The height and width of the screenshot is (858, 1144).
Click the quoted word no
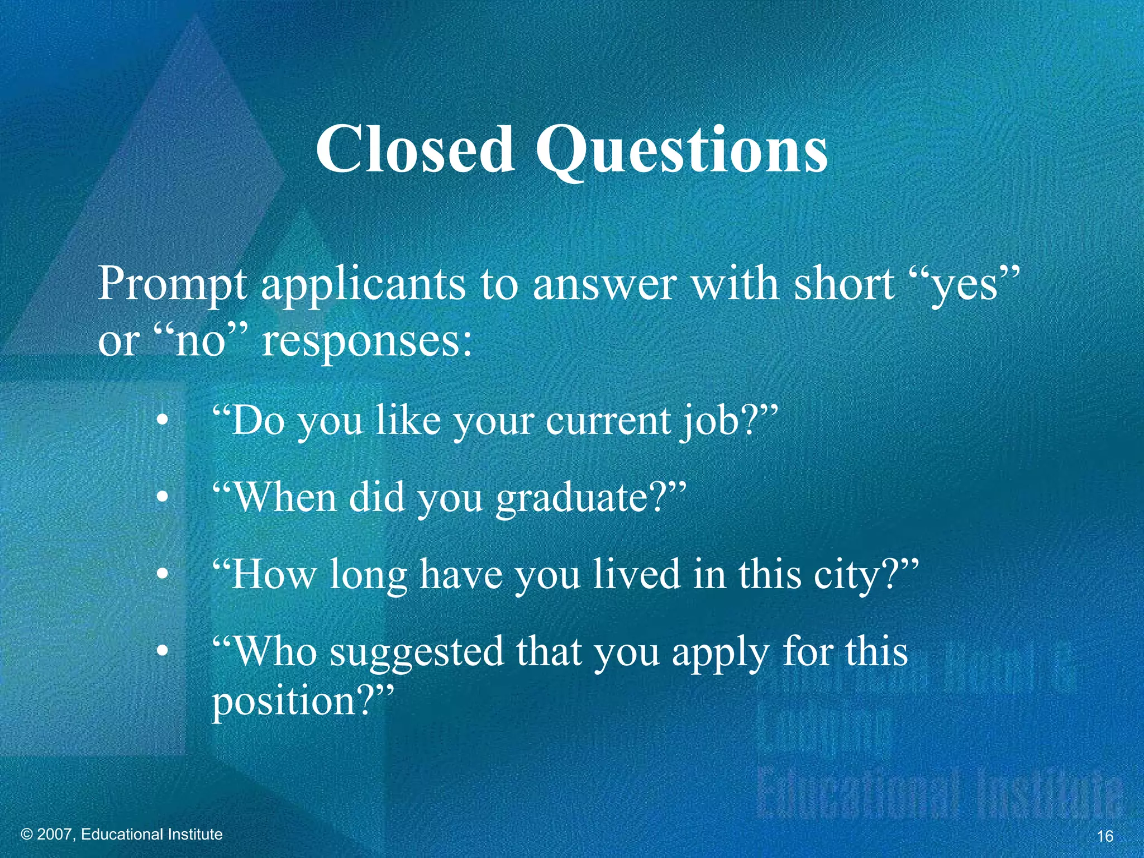[x=199, y=341]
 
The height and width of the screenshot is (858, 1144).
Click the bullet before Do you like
[x=162, y=421]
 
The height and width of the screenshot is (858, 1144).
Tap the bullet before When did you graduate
[x=162, y=498]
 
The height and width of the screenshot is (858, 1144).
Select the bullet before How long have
[x=162, y=575]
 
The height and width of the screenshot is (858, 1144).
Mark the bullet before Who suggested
[x=162, y=652]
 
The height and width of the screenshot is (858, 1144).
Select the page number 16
[x=1105, y=836]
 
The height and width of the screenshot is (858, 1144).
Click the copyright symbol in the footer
[x=27, y=835]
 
